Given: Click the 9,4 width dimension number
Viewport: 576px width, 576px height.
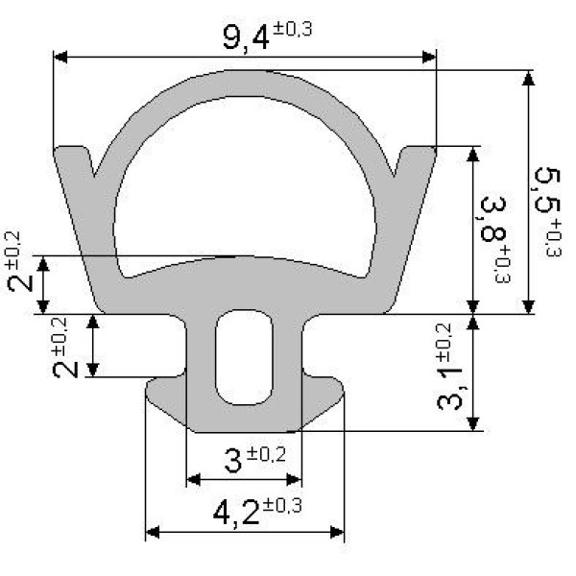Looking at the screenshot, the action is tap(246, 37).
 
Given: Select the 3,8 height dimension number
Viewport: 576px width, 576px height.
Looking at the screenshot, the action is tap(492, 220).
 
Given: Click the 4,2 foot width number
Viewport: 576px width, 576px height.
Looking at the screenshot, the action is tap(236, 514).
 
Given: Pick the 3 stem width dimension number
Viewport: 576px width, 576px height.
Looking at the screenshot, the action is tap(233, 462).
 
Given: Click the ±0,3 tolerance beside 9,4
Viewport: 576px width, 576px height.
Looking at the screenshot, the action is tap(293, 29).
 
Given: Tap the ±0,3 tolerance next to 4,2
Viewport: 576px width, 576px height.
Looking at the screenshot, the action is tap(282, 506).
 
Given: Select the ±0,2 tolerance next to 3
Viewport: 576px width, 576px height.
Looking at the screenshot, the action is tap(266, 454).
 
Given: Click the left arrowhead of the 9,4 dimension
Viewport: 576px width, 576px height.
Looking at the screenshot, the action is tap(60, 57).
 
